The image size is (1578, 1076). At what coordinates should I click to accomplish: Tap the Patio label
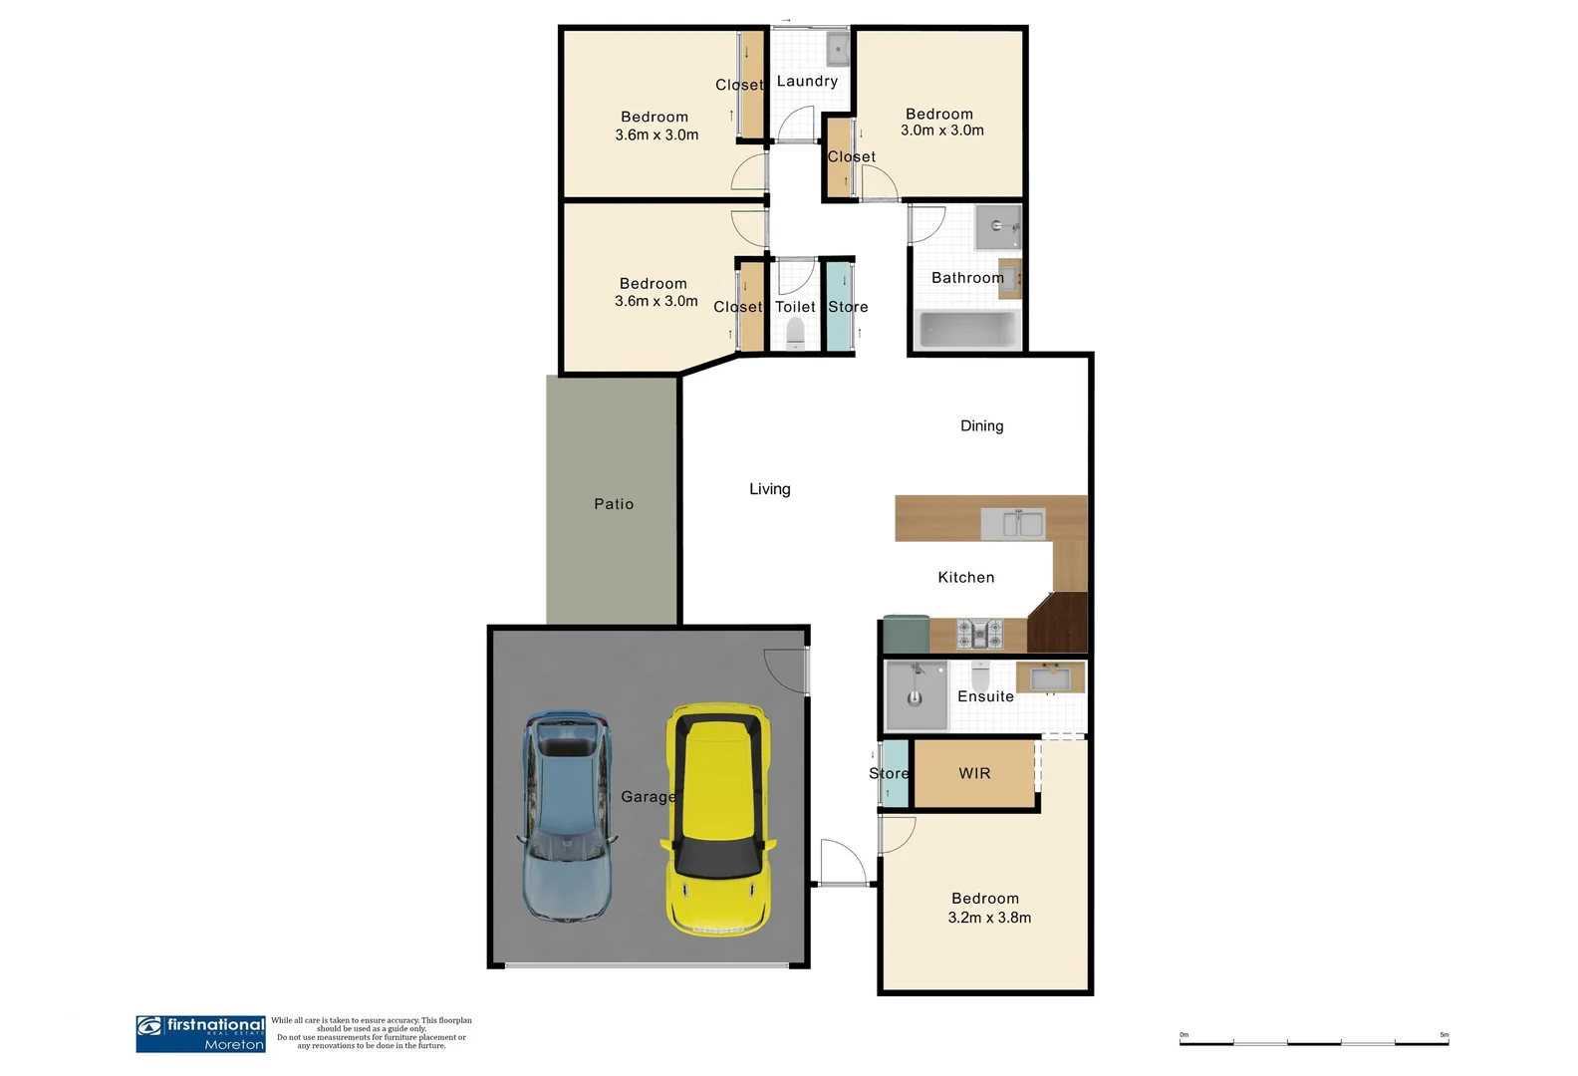coord(614,504)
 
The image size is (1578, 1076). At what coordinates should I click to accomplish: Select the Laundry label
coord(807,82)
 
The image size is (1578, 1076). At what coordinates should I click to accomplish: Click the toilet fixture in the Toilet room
coord(795,335)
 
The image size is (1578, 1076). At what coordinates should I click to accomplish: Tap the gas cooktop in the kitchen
coord(979,633)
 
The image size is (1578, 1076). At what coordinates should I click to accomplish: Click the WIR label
coord(974,773)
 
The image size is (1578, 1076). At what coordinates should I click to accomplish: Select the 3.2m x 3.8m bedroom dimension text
coord(989,918)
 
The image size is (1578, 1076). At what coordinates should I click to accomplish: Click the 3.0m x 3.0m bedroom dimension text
coord(942,131)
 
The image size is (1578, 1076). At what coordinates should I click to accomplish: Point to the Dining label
coord(981,425)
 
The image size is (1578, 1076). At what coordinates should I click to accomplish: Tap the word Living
coord(769,489)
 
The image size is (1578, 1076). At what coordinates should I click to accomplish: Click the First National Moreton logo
coord(200,1033)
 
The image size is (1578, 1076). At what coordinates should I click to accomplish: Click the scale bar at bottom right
coord(1314,1042)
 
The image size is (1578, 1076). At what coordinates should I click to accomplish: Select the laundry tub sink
coord(837,48)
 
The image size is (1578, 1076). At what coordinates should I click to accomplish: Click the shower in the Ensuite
coord(916,694)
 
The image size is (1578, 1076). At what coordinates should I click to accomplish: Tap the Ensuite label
coord(985,696)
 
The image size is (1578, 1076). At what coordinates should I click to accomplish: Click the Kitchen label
coord(965,577)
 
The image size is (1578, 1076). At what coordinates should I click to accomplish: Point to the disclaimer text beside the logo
coord(372,1033)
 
